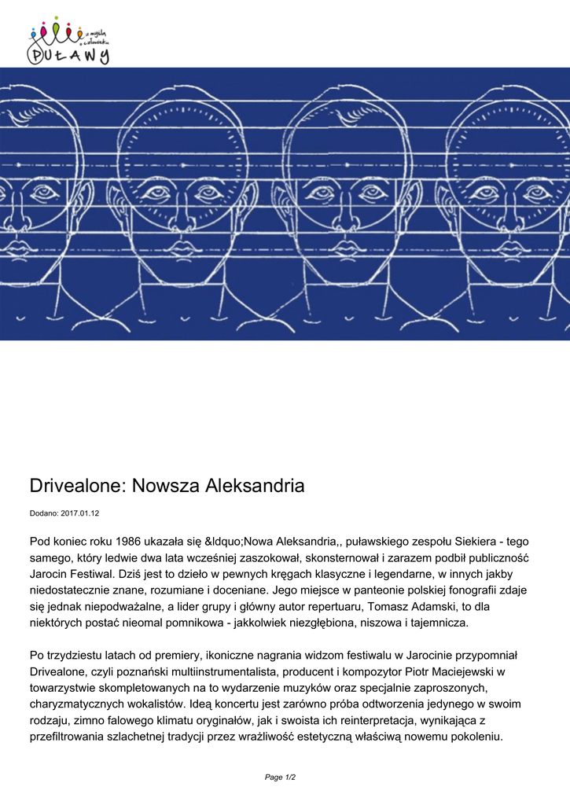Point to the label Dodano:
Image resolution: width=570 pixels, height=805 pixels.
[44, 513]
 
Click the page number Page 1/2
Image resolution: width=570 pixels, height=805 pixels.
[280, 777]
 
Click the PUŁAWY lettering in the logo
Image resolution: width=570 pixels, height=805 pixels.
[69, 53]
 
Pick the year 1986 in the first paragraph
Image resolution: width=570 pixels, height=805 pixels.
[128, 541]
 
